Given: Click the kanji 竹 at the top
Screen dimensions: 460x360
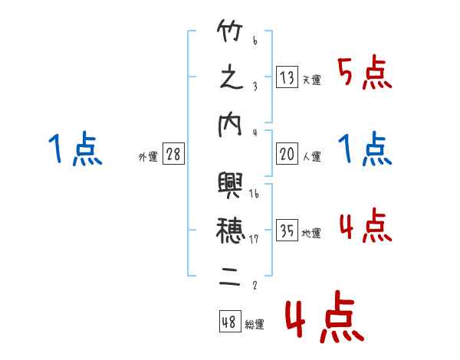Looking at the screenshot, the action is [231, 33].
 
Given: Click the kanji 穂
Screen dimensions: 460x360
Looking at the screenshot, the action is [231, 228].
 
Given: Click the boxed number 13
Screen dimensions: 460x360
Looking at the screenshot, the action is [287, 77].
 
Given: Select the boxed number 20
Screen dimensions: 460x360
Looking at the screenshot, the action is [287, 154].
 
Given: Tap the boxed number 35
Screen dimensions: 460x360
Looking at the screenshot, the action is [287, 231].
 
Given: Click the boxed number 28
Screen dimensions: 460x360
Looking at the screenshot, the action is [173, 154].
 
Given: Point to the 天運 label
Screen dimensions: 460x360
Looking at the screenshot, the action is [311, 80].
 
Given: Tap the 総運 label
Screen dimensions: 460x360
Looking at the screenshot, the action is [255, 325].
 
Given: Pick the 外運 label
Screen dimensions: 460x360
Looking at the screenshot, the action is [147, 157].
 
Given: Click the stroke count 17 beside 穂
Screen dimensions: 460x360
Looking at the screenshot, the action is [254, 239].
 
